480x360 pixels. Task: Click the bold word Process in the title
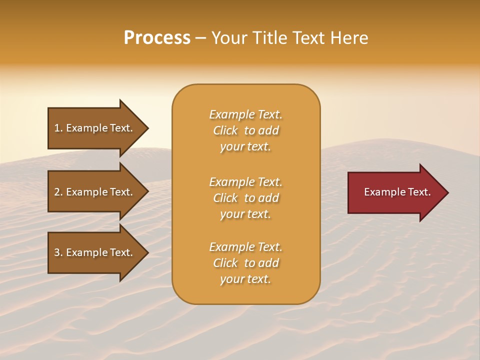(x=157, y=38)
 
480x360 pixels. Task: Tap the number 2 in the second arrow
(x=57, y=192)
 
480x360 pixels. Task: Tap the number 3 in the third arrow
(x=57, y=252)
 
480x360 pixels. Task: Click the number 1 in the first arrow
(x=56, y=128)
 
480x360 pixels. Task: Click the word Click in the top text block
(x=225, y=130)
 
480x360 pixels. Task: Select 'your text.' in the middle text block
(x=245, y=214)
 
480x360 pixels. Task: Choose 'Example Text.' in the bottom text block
(x=245, y=247)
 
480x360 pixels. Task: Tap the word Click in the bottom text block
(x=225, y=263)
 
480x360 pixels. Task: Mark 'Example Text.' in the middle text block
(x=245, y=182)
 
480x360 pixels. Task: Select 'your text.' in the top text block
(x=245, y=146)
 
